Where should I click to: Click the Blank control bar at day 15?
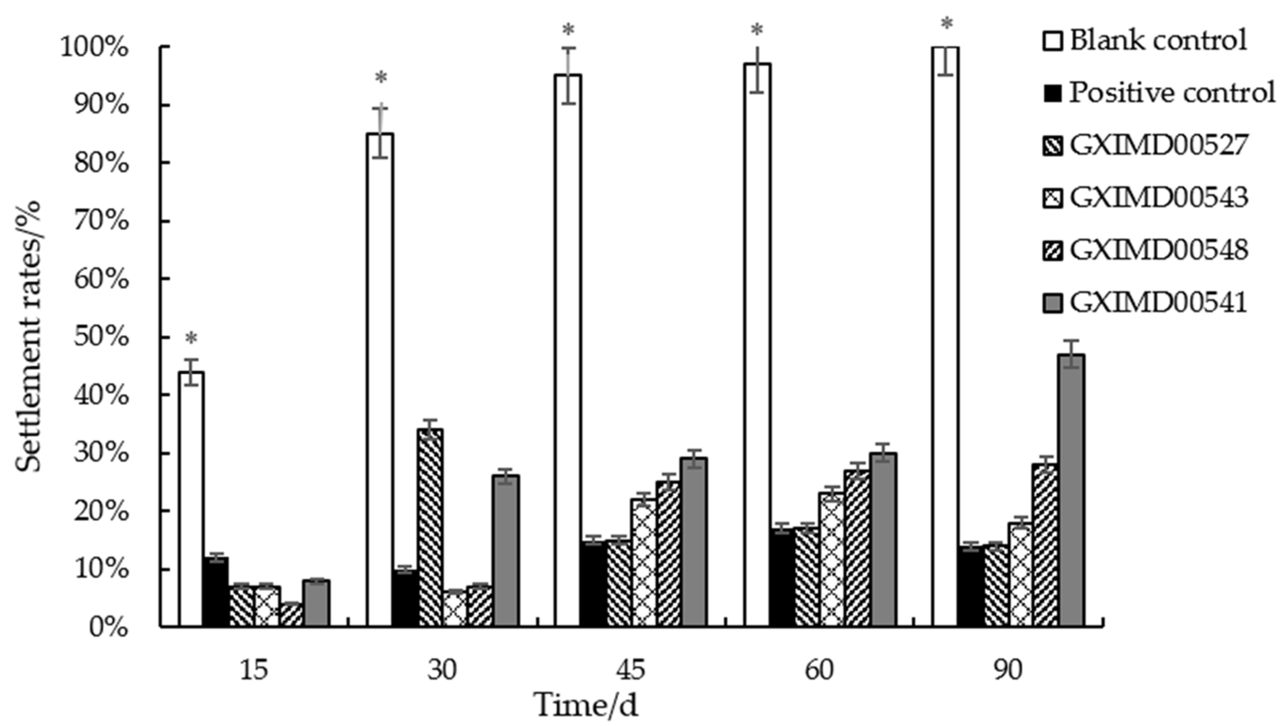coord(192,499)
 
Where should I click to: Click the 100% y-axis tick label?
coord(95,48)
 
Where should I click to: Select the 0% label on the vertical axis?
coord(108,628)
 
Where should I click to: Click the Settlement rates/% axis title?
coord(28,337)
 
